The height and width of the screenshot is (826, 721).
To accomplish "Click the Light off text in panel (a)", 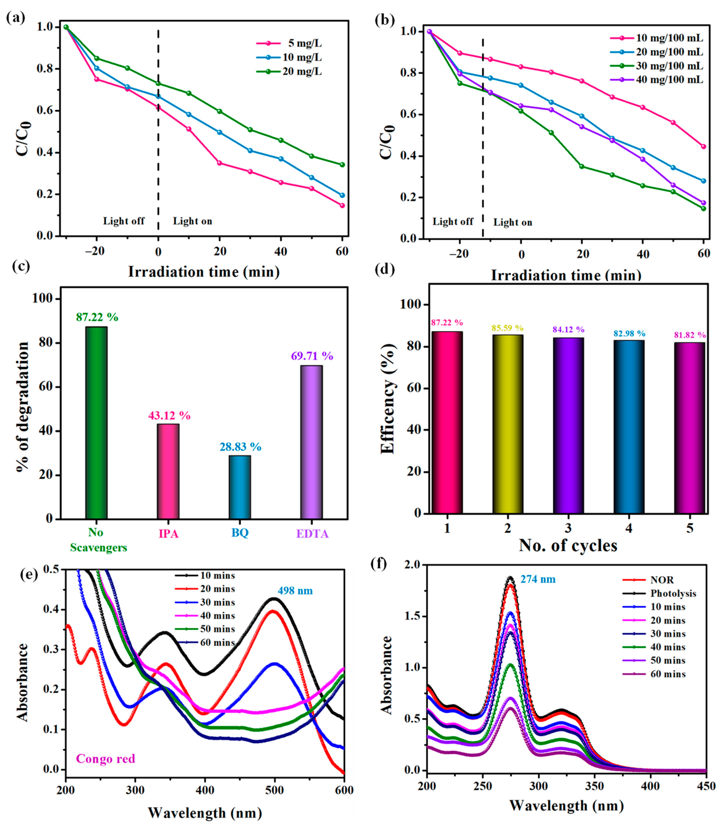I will click(124, 221).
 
